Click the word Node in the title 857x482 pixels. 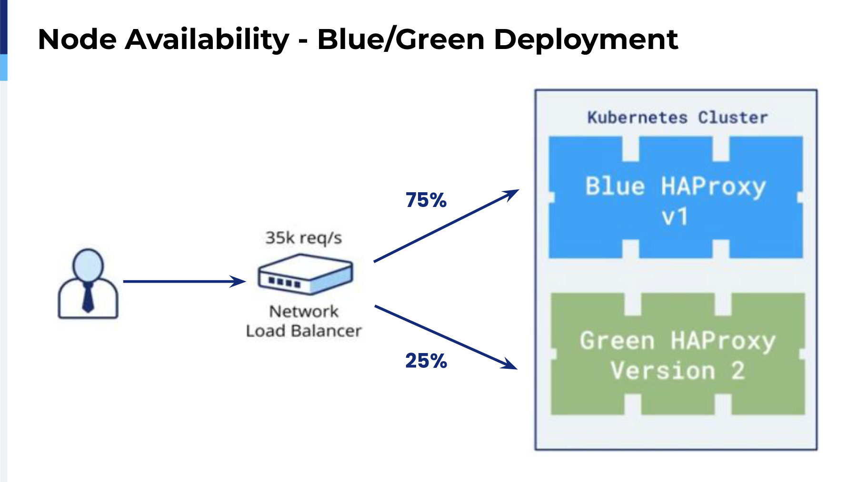point(77,39)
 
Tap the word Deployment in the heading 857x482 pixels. point(586,40)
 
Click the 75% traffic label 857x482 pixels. point(426,200)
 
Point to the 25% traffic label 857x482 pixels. point(426,361)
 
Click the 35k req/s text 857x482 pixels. point(304,238)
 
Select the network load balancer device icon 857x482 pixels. point(305,274)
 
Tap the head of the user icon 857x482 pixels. point(88,266)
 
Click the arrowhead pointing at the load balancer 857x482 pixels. point(239,281)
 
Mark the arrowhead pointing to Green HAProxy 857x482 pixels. point(509,364)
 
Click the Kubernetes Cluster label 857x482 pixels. point(677,118)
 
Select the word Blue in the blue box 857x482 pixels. point(615,186)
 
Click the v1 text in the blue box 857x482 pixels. point(675,217)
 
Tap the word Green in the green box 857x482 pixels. point(618,341)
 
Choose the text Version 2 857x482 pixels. point(678,371)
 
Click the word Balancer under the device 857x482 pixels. point(327,331)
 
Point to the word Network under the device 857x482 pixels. point(304,311)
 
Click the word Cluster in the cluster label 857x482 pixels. point(733,118)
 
